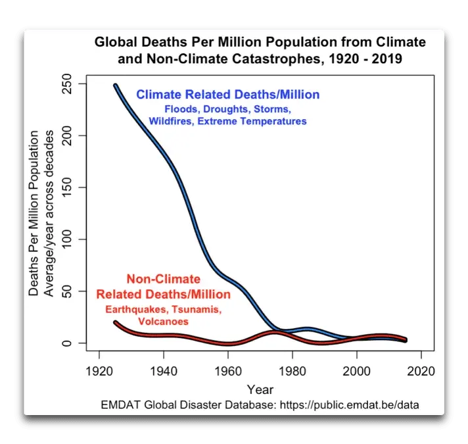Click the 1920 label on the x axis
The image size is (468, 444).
(99, 370)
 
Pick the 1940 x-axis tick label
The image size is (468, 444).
(163, 370)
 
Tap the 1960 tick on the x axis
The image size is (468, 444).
(227, 370)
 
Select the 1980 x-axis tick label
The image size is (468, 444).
(292, 370)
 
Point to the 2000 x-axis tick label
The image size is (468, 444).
(356, 370)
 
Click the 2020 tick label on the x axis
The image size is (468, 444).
(421, 370)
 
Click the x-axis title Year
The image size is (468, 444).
(260, 389)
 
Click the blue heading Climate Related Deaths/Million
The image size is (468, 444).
(227, 95)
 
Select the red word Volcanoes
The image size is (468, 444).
(164, 322)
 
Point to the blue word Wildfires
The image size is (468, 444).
(171, 121)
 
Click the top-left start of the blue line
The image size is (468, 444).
(116, 86)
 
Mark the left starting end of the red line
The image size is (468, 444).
(116, 322)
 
